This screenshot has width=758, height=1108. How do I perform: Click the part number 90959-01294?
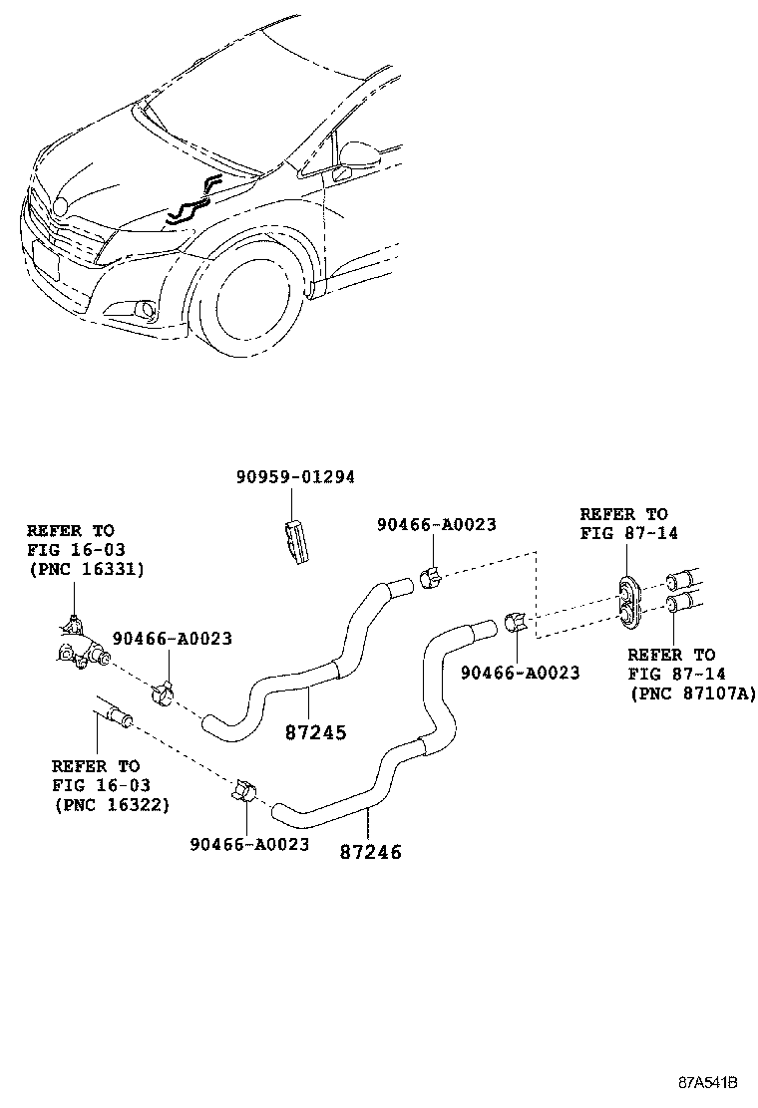[x=295, y=478]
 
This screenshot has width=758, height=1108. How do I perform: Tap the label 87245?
[x=315, y=732]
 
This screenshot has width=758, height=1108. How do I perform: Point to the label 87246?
[x=370, y=852]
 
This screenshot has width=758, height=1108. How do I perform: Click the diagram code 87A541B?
[x=708, y=1082]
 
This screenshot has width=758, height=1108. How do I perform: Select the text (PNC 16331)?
[x=85, y=569]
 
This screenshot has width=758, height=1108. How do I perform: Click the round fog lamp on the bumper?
[x=147, y=310]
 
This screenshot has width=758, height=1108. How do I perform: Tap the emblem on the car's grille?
[x=59, y=206]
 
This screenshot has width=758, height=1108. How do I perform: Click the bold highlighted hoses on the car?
[x=191, y=198]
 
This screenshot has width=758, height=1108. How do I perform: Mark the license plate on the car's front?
[x=46, y=264]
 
